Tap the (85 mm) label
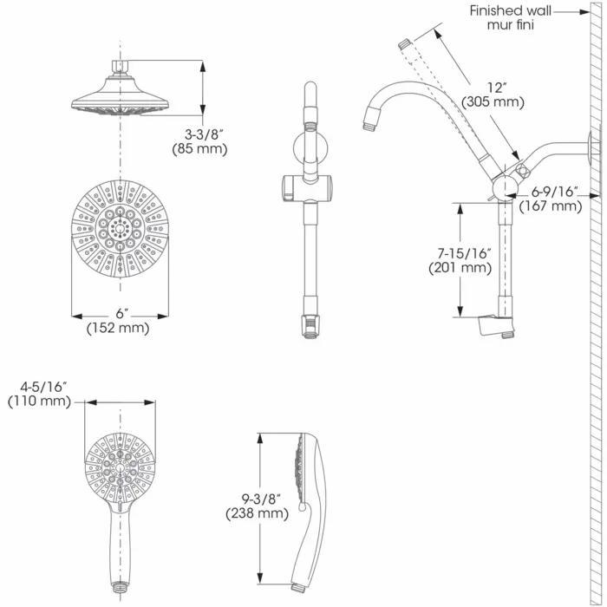coord(205,148)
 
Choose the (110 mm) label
coord(38,401)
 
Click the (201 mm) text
coord(460,268)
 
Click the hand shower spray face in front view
coord(121,467)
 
